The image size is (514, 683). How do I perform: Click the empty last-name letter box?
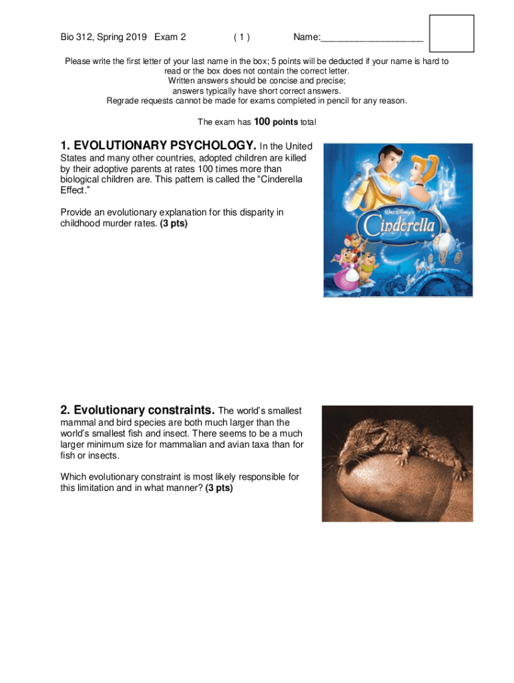pyautogui.click(x=451, y=33)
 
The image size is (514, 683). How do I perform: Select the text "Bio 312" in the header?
pyautogui.click(x=77, y=37)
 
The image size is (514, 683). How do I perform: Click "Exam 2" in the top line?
pyautogui.click(x=170, y=37)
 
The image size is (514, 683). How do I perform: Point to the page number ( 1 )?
pyautogui.click(x=242, y=37)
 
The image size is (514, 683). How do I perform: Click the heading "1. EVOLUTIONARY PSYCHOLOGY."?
pyautogui.click(x=158, y=145)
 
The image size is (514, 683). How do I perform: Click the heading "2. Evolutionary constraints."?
pyautogui.click(x=138, y=410)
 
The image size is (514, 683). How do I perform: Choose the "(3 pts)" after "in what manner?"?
pyautogui.click(x=219, y=488)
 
